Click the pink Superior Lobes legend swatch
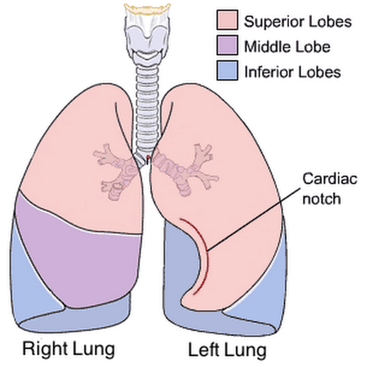[227, 20]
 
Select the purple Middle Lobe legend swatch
[227, 45]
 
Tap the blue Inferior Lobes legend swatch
[227, 70]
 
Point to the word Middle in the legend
[265, 46]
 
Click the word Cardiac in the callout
[330, 179]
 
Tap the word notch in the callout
[322, 199]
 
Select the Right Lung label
[68, 349]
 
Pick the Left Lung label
[227, 350]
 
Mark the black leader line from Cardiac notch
[253, 219]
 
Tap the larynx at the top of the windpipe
[147, 33]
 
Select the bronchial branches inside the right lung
[115, 171]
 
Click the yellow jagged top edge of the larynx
[147, 9]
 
